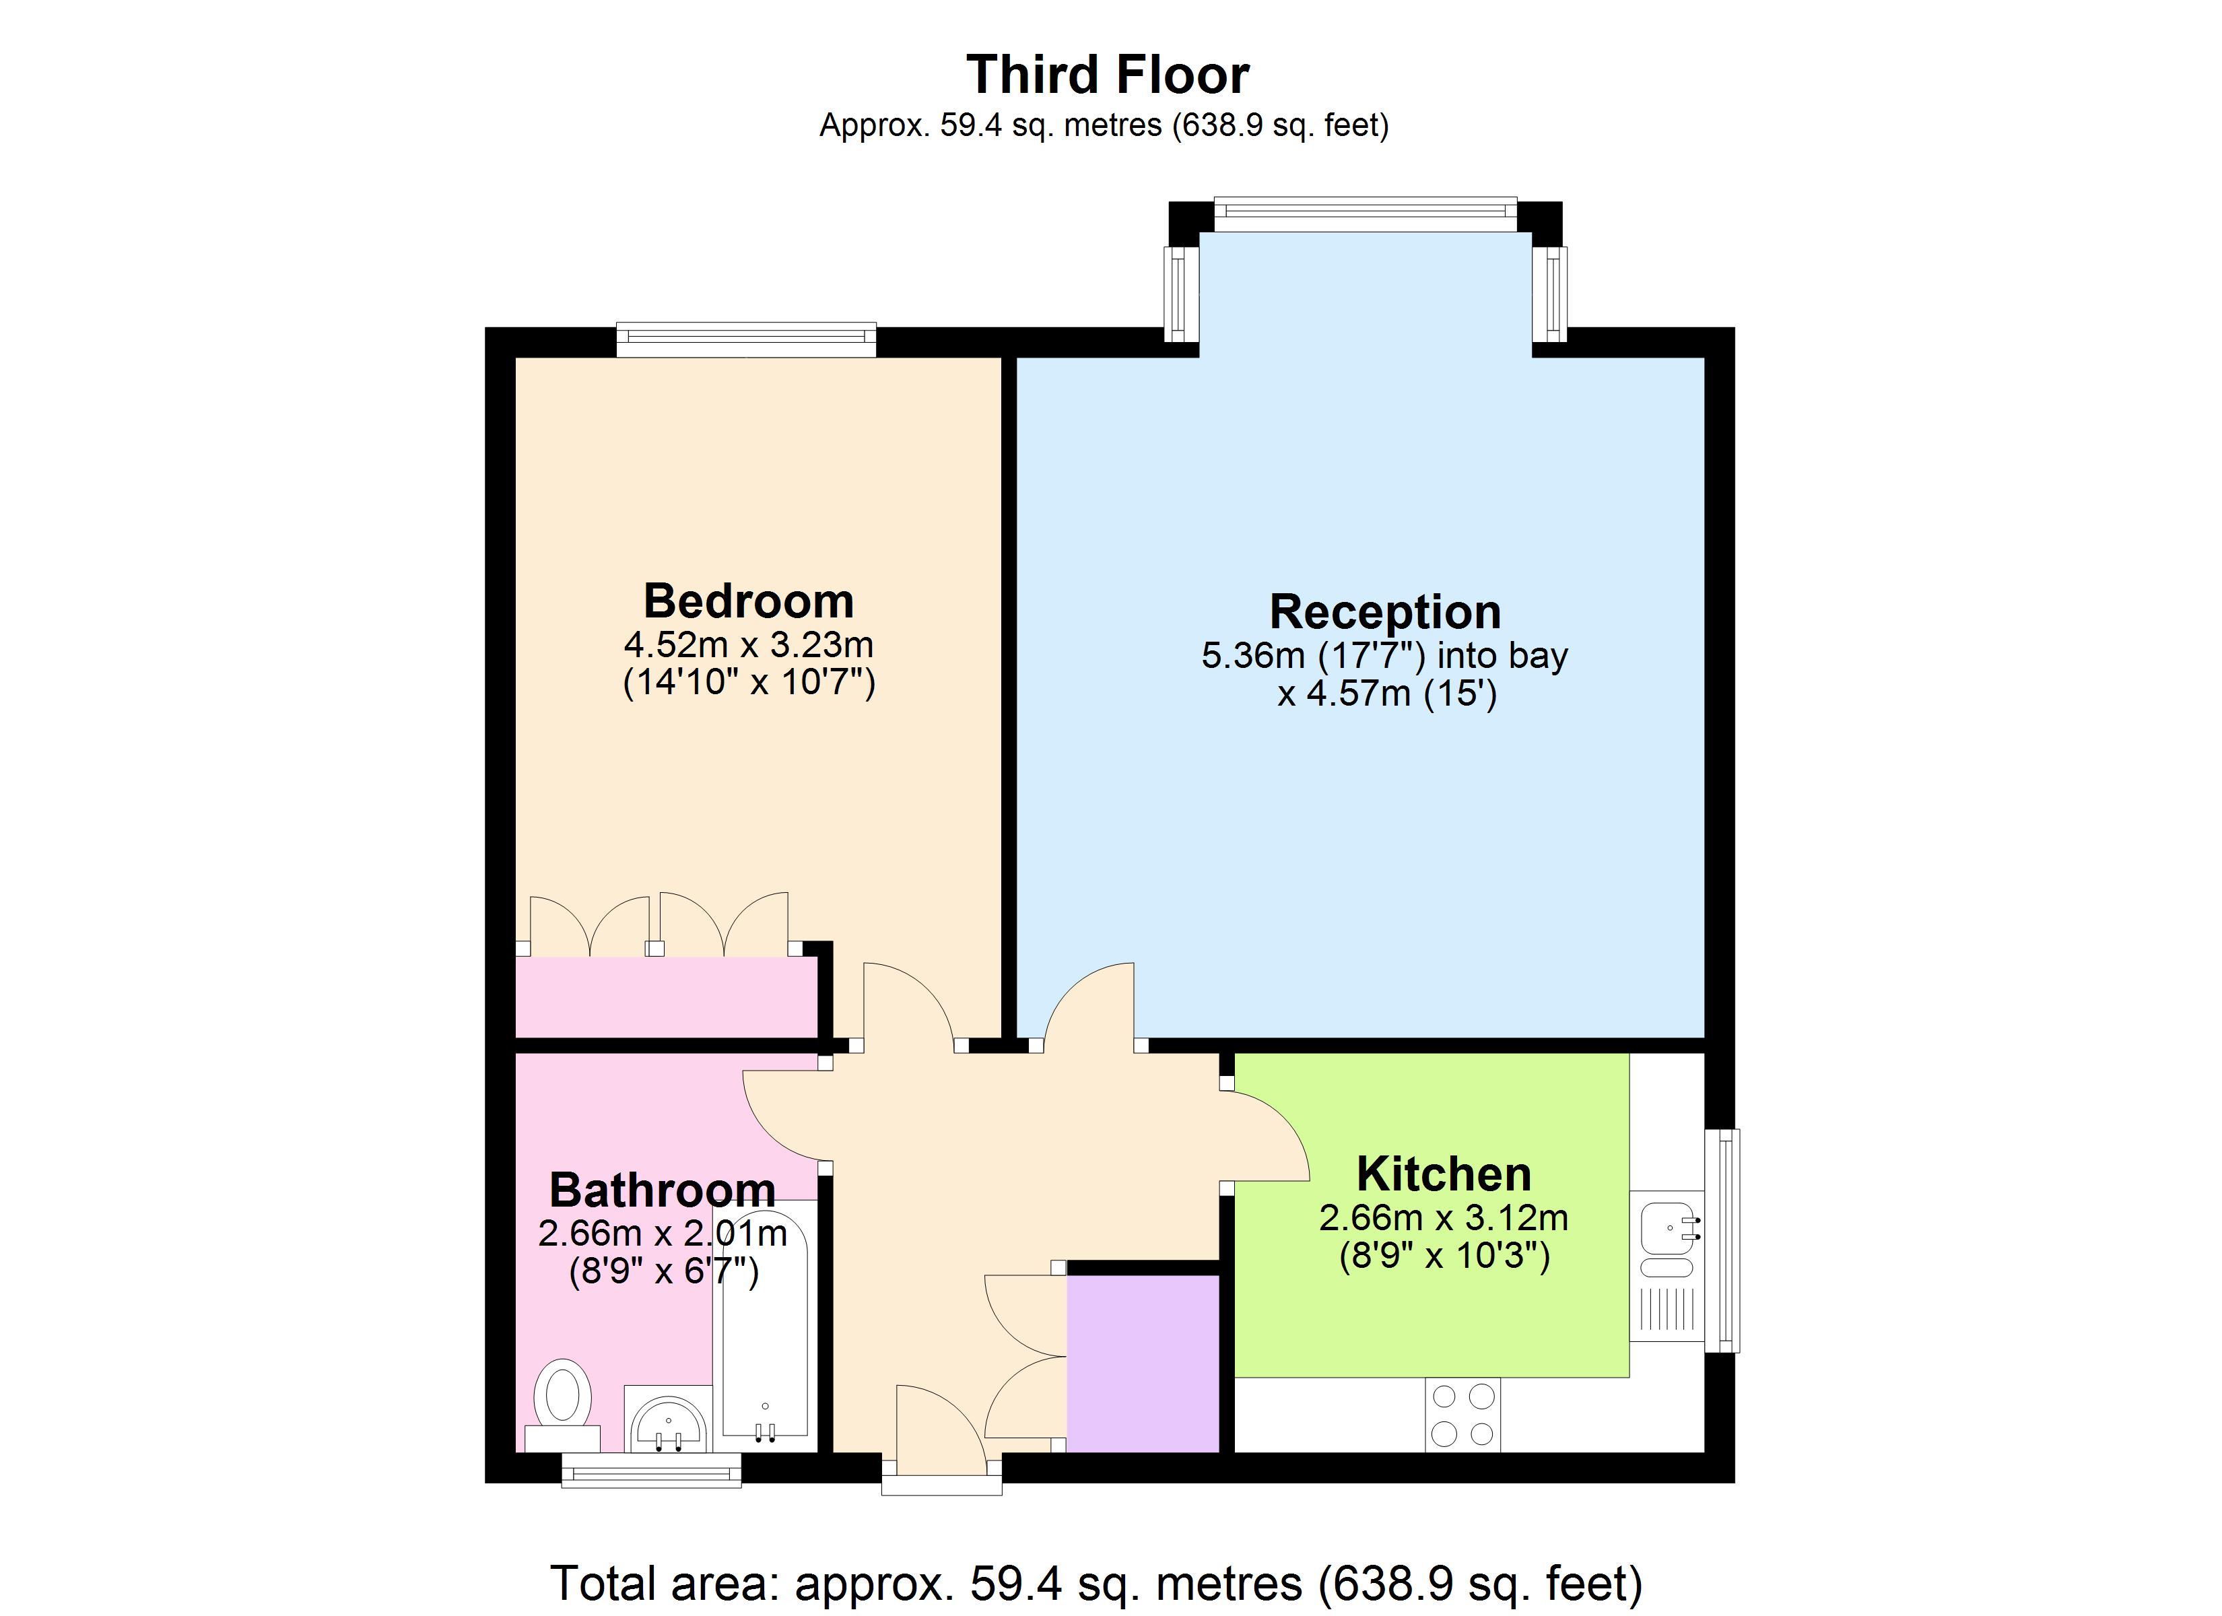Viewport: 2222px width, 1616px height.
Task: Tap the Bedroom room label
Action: [x=749, y=601]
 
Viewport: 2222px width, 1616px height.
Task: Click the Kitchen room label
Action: [x=1443, y=1174]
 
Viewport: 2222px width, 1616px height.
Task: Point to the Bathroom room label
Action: [x=663, y=1190]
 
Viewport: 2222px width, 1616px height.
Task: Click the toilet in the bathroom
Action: [x=562, y=1397]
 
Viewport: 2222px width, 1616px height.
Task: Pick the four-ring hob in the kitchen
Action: [x=1462, y=1414]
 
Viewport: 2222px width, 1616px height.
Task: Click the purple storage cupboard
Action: [x=1143, y=1362]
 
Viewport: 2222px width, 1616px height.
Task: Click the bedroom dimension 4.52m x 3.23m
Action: [x=749, y=645]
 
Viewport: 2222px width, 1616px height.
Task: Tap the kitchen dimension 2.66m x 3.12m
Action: [x=1443, y=1218]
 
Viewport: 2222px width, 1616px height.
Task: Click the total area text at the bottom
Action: [x=1096, y=1584]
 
